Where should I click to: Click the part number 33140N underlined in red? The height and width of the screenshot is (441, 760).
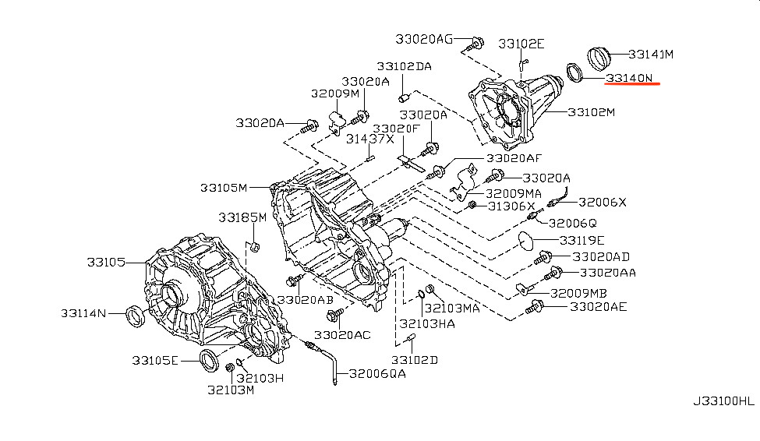click(x=629, y=78)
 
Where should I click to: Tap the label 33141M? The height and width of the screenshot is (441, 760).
click(x=651, y=55)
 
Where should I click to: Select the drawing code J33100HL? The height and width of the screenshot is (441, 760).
click(x=723, y=401)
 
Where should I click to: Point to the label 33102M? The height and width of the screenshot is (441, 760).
click(x=592, y=112)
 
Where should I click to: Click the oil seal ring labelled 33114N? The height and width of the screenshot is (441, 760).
click(x=135, y=316)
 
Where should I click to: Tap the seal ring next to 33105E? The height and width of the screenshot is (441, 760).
click(x=210, y=360)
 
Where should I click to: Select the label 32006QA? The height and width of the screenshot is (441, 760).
click(x=377, y=374)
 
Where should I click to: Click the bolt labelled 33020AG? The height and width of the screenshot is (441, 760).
click(x=475, y=44)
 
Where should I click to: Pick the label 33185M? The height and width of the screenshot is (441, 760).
click(x=242, y=217)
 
